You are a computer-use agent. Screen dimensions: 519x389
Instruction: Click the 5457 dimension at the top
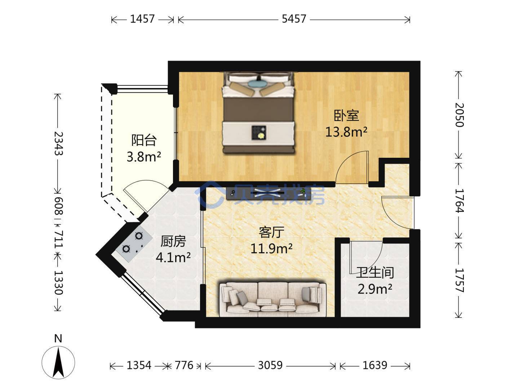pyautogui.click(x=294, y=19)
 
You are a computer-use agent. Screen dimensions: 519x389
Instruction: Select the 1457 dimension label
pyautogui.click(x=142, y=19)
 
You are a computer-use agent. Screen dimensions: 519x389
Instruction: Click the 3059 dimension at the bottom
pyautogui.click(x=270, y=365)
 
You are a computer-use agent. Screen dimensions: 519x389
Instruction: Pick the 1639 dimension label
pyautogui.click(x=375, y=365)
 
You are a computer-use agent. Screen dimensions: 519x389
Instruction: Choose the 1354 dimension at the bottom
pyautogui.click(x=139, y=365)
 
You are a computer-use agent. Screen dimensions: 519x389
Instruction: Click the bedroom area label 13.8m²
pyautogui.click(x=346, y=132)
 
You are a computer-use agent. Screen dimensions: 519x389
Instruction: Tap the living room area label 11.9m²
pyautogui.click(x=271, y=248)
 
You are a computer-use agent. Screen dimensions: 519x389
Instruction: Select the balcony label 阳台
pyautogui.click(x=144, y=140)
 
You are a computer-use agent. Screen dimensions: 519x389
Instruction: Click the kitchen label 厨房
pyautogui.click(x=173, y=241)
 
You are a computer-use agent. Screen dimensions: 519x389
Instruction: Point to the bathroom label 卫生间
pyautogui.click(x=375, y=273)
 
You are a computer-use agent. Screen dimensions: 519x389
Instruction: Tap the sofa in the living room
pyautogui.click(x=273, y=299)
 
